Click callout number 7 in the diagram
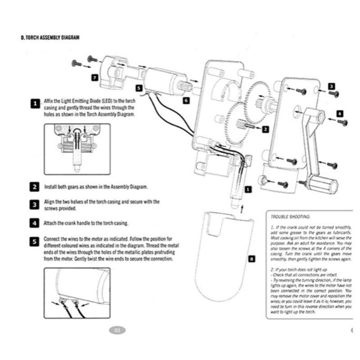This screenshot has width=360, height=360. (94, 77)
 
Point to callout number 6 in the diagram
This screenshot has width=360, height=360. (186, 101)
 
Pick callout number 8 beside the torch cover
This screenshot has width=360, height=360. (251, 259)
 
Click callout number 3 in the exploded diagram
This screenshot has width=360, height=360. (331, 86)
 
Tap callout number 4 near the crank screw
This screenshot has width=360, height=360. (339, 113)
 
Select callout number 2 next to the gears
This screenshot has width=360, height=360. (265, 129)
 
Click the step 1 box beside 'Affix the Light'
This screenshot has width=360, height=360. (35, 104)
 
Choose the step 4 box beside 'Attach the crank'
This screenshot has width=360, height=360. (35, 223)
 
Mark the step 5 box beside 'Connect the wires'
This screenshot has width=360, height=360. (35, 241)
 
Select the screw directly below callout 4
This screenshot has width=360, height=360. (342, 122)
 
